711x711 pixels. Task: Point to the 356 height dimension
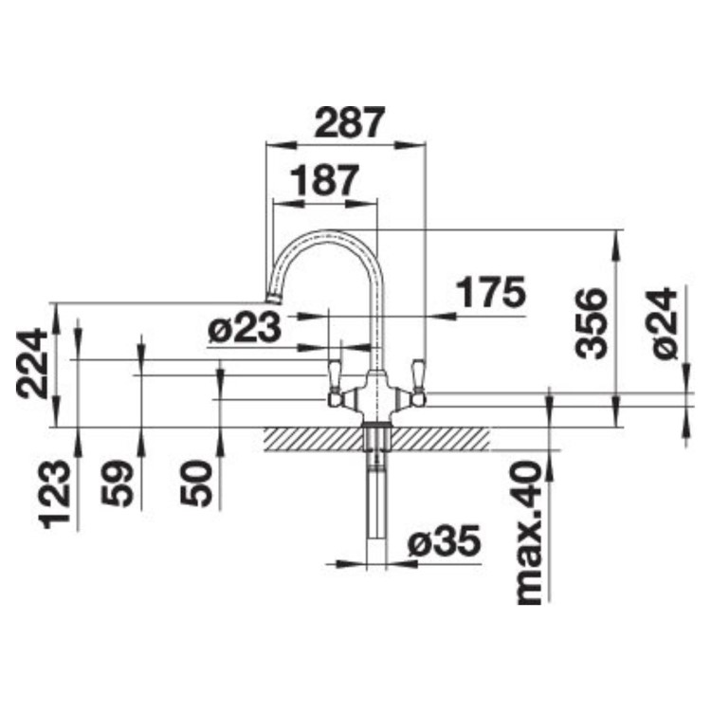point(592,322)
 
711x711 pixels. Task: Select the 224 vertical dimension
point(35,362)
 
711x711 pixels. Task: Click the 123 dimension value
point(56,494)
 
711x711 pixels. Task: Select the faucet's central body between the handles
point(376,393)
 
